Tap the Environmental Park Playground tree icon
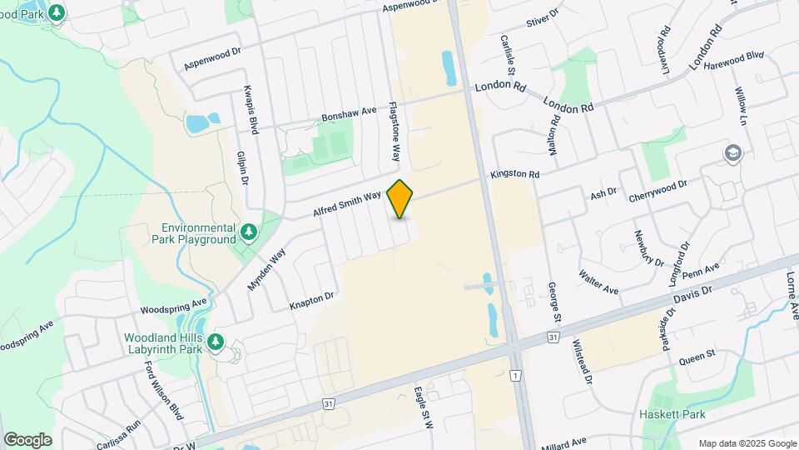tap(248, 231)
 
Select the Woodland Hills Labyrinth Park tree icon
tap(216, 342)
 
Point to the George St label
tap(553, 302)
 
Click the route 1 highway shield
tap(516, 376)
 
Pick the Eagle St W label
tap(424, 407)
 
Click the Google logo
tap(27, 439)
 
